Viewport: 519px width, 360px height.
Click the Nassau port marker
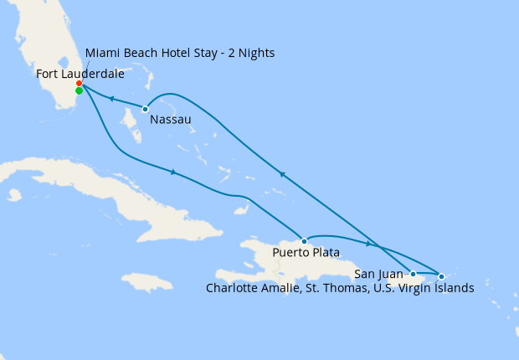pyautogui.click(x=145, y=109)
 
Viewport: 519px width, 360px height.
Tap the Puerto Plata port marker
pyautogui.click(x=303, y=239)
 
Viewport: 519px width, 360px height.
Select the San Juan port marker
pyautogui.click(x=413, y=274)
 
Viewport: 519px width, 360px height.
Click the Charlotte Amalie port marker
pyautogui.click(x=441, y=275)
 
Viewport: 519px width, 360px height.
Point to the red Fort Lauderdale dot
pyautogui.click(x=79, y=84)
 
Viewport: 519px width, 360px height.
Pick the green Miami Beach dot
pyautogui.click(x=79, y=91)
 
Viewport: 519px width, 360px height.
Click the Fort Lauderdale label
pyautogui.click(x=80, y=74)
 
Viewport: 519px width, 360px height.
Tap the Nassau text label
pyautogui.click(x=170, y=120)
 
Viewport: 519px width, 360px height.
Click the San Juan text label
pyautogui.click(x=378, y=274)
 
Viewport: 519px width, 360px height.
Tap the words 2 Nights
pyautogui.click(x=250, y=53)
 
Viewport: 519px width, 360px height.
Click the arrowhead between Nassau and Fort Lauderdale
pyautogui.click(x=110, y=99)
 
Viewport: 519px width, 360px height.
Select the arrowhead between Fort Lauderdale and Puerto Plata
pyautogui.click(x=173, y=172)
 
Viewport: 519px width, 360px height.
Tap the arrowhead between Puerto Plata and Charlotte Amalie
pyautogui.click(x=368, y=244)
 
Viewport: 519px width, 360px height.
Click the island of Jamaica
pyautogui.click(x=146, y=282)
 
